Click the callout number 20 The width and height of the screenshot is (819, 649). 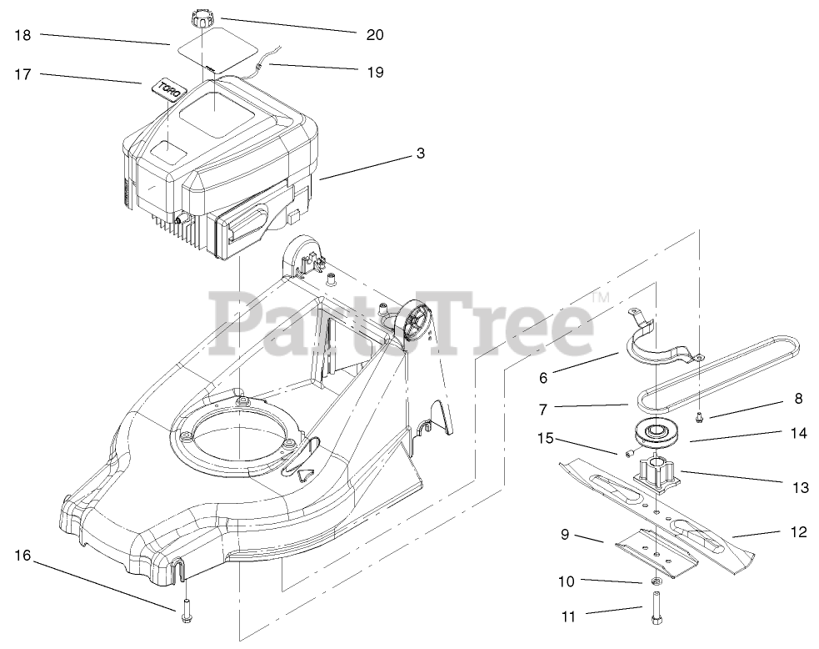coord(374,34)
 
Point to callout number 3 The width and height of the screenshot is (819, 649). coord(421,153)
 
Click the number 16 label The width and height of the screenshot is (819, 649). coord(22,555)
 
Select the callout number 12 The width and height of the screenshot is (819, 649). coord(798,531)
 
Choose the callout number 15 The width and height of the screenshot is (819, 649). coord(546,439)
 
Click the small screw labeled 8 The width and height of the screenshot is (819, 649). coord(700,413)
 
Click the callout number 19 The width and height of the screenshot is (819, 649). coord(374,73)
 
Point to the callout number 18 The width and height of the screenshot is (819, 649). coord(22,35)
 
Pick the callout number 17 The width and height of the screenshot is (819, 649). coord(22,74)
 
